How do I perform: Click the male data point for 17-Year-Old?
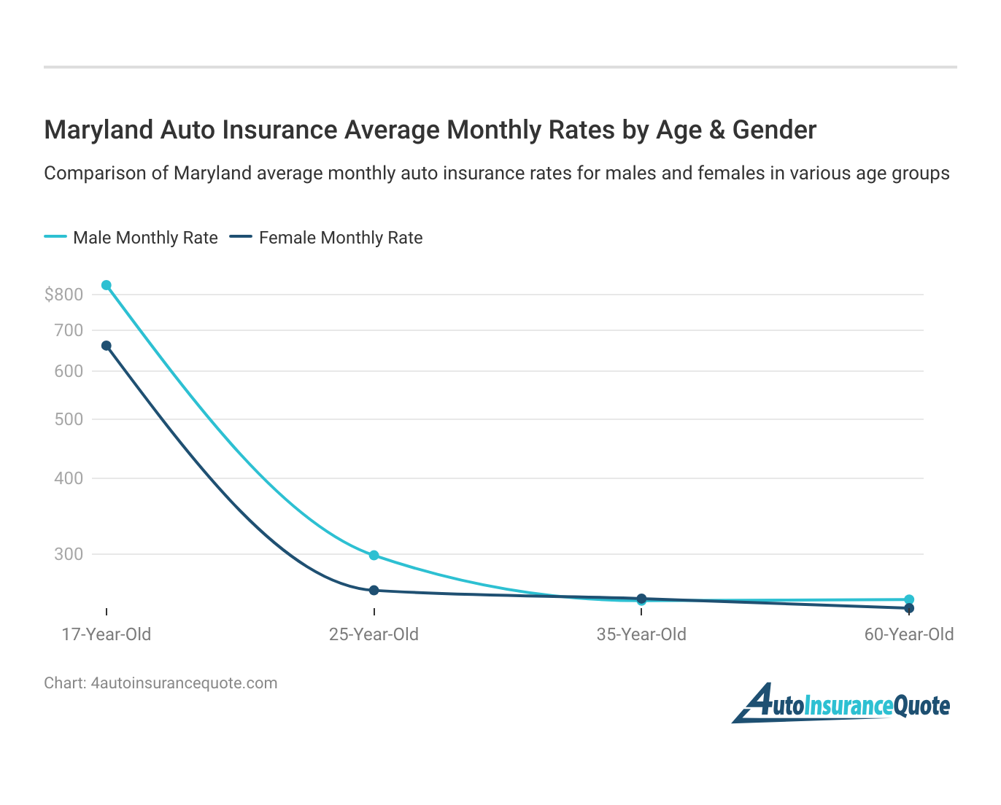(x=107, y=285)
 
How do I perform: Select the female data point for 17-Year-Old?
(x=107, y=346)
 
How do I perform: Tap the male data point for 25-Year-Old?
(x=374, y=556)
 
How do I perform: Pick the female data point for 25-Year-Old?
(x=374, y=590)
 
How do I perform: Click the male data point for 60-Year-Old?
(x=909, y=599)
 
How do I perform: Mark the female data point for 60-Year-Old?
(x=909, y=608)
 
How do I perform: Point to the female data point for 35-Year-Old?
(x=641, y=598)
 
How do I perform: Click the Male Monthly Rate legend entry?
(x=131, y=238)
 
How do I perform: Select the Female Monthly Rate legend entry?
(x=326, y=238)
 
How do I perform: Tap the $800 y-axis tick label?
(x=63, y=295)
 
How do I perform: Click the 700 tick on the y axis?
(x=69, y=330)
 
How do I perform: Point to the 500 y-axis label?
(x=69, y=419)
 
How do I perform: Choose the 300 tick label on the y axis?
(x=69, y=554)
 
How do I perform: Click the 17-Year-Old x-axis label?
(x=107, y=634)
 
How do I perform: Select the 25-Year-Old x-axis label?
(x=374, y=634)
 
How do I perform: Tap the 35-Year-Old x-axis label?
(x=641, y=634)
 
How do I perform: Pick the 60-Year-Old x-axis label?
(x=909, y=634)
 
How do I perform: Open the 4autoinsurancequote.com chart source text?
(x=184, y=683)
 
